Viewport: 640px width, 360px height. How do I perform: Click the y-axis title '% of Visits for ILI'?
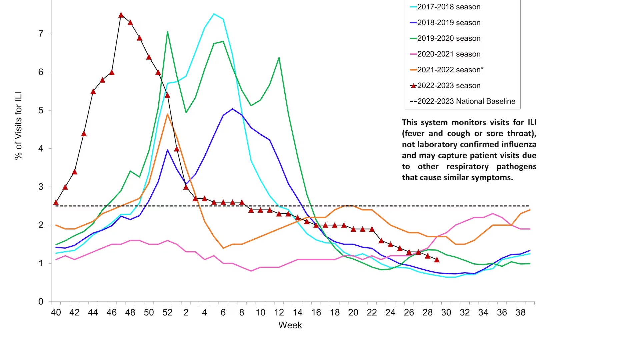click(x=18, y=126)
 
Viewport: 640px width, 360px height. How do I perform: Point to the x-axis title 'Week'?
click(x=290, y=325)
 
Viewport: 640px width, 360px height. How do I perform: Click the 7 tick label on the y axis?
click(x=41, y=34)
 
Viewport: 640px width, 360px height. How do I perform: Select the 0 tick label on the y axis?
click(x=41, y=302)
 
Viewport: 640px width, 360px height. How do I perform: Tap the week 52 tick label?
click(x=167, y=313)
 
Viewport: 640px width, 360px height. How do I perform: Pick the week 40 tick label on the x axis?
click(x=56, y=313)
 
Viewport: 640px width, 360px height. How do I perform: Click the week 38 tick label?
click(x=520, y=313)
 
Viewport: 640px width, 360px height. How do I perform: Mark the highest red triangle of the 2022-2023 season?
click(x=121, y=15)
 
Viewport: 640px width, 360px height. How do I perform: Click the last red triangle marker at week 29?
click(x=437, y=260)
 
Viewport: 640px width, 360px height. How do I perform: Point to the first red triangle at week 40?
click(x=56, y=202)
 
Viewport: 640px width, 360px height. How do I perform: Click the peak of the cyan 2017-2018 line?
click(x=214, y=14)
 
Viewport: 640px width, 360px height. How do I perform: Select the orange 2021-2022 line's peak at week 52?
click(x=167, y=114)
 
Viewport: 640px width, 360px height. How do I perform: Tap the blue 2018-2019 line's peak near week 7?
click(x=232, y=109)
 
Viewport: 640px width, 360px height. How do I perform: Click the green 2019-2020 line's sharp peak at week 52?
click(x=167, y=32)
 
